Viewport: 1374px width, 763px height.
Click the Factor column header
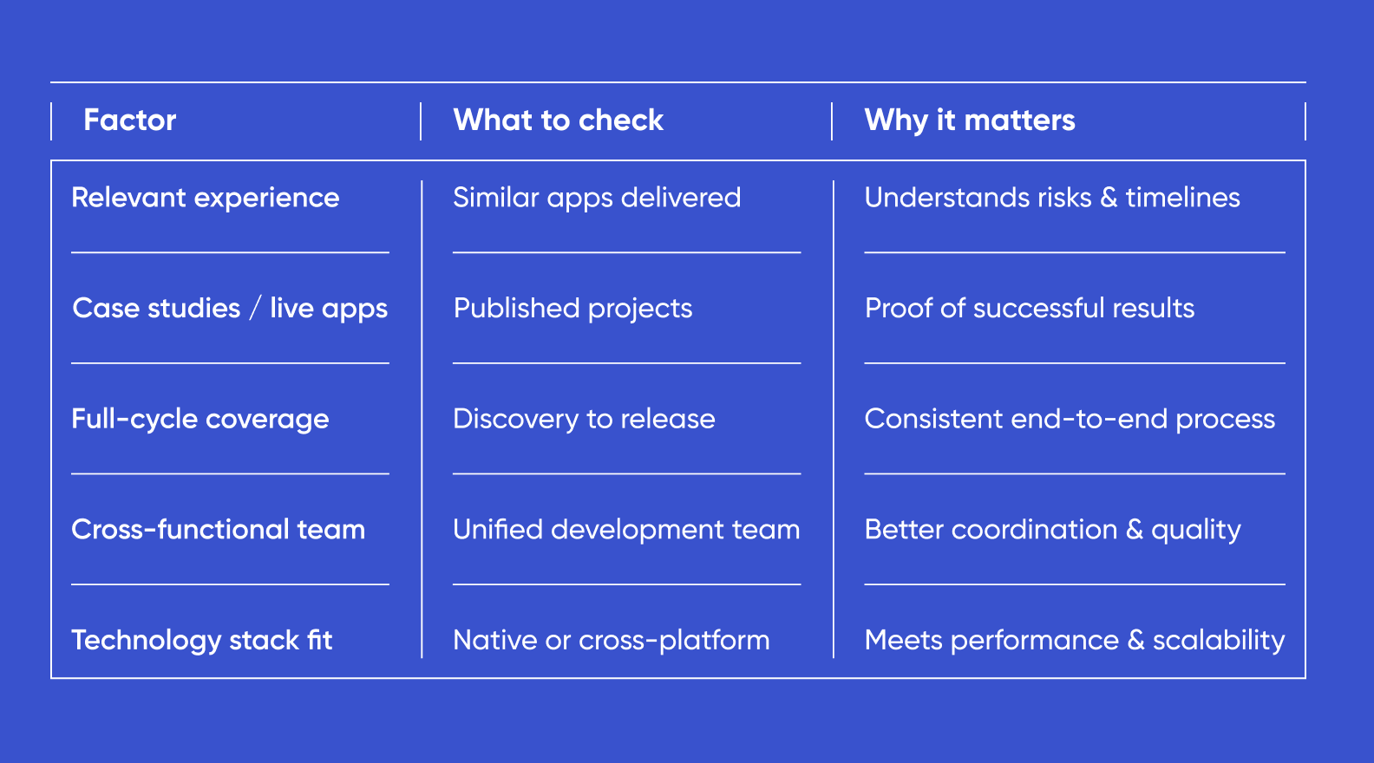click(130, 120)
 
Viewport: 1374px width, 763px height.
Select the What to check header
click(558, 120)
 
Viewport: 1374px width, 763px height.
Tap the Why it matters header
click(969, 120)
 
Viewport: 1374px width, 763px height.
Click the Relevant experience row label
click(205, 198)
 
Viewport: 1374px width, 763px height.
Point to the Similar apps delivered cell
click(597, 198)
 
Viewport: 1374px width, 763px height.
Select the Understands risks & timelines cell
click(1051, 198)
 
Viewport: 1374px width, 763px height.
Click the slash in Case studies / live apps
click(255, 308)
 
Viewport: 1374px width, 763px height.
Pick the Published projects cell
click(572, 309)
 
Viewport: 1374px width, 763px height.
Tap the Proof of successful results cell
click(1029, 308)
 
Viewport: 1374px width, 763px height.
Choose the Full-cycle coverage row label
click(200, 420)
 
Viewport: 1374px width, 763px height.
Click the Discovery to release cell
click(584, 419)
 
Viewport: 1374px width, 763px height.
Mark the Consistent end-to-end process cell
click(1069, 419)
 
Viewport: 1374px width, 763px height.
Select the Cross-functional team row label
click(218, 530)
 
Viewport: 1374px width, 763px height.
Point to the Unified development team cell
click(625, 530)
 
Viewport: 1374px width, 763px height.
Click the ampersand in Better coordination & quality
click(1135, 530)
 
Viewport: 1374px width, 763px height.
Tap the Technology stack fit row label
click(201, 641)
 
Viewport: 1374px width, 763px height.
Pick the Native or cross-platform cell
click(611, 641)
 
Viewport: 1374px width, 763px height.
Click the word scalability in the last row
click(1218, 641)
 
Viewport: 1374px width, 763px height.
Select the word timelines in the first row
click(1182, 198)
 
